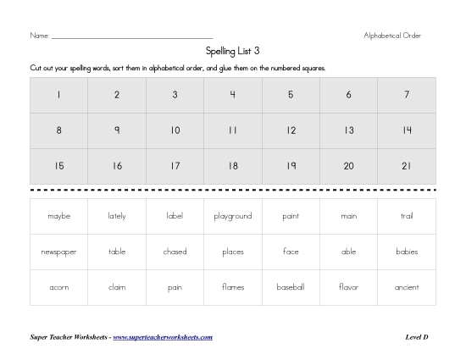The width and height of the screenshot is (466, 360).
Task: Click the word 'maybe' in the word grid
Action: [59, 216]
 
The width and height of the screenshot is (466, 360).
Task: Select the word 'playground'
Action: [233, 216]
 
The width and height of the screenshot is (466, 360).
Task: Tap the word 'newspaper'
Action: [59, 252]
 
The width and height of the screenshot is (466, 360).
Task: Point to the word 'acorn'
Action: [59, 287]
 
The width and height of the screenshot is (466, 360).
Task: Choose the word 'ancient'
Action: [407, 287]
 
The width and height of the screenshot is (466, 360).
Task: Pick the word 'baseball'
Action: [291, 287]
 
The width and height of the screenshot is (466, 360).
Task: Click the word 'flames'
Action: [233, 287]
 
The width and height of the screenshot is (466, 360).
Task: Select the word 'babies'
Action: [407, 252]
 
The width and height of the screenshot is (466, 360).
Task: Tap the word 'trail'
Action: [407, 216]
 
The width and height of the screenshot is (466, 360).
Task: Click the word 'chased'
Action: [175, 252]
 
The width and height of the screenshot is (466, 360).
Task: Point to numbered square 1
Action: [59, 95]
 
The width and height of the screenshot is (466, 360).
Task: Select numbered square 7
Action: [407, 95]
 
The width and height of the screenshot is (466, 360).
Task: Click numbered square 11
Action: [233, 130]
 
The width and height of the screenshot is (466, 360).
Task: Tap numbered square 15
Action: [59, 166]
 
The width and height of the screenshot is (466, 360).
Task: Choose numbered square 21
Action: [407, 166]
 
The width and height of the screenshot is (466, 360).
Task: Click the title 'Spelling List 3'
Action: [233, 51]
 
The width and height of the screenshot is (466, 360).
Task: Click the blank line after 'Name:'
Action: [131, 36]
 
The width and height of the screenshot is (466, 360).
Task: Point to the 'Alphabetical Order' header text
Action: [392, 36]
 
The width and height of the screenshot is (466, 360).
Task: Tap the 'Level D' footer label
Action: [417, 337]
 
